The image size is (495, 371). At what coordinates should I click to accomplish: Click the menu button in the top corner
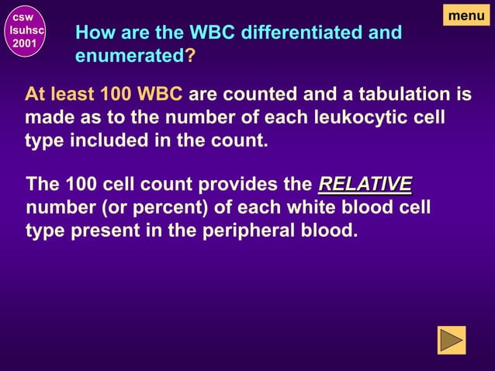pos(466,15)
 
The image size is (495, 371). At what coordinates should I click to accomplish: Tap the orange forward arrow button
pos(452,340)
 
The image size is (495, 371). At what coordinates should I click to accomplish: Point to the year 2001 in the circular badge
pos(22,43)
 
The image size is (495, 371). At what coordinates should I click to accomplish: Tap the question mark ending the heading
pos(190,57)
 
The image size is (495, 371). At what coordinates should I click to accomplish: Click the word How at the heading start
pos(92,33)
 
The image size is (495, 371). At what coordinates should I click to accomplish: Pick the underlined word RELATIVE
pos(365,185)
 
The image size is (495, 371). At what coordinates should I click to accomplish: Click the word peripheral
pos(247,231)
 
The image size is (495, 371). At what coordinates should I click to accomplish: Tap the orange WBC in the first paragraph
pos(159,95)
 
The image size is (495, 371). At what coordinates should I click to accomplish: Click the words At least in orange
pos(60,95)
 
